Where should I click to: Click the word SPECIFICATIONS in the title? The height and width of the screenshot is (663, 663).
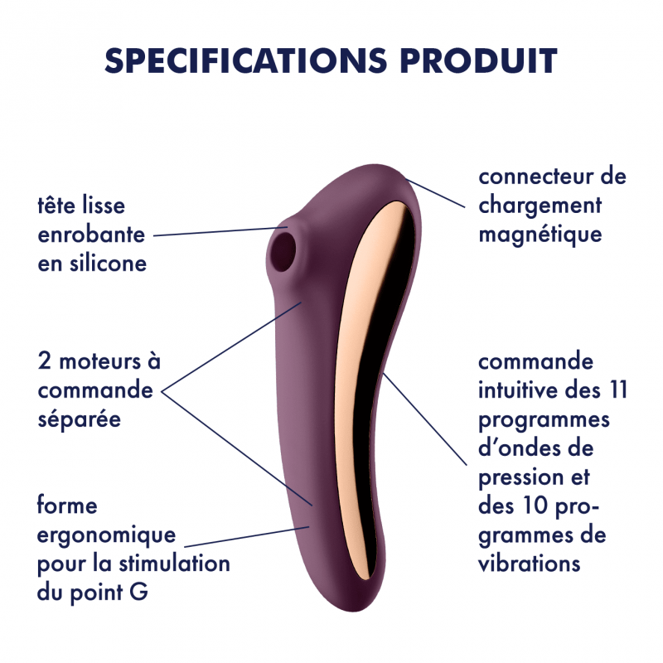pyautogui.click(x=245, y=60)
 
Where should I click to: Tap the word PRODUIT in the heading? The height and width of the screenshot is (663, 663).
pyautogui.click(x=479, y=60)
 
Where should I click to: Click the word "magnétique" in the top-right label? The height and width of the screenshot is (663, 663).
pyautogui.click(x=540, y=235)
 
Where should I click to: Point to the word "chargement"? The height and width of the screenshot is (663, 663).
pyautogui.click(x=540, y=206)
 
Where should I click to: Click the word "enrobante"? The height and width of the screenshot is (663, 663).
pyautogui.click(x=91, y=235)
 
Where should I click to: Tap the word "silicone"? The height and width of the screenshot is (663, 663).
pyautogui.click(x=109, y=263)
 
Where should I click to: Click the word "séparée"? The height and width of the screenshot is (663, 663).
pyautogui.click(x=80, y=419)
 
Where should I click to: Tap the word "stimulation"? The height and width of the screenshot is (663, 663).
pyautogui.click(x=174, y=564)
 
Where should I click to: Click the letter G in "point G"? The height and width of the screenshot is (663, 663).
pyautogui.click(x=138, y=592)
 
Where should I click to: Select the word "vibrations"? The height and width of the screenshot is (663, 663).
pyautogui.click(x=529, y=564)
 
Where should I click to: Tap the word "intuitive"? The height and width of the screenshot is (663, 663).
pyautogui.click(x=517, y=390)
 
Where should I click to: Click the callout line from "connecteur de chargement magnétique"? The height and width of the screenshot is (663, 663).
pyautogui.click(x=435, y=193)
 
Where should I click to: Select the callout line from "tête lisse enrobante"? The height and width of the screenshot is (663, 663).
pyautogui.click(x=220, y=232)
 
